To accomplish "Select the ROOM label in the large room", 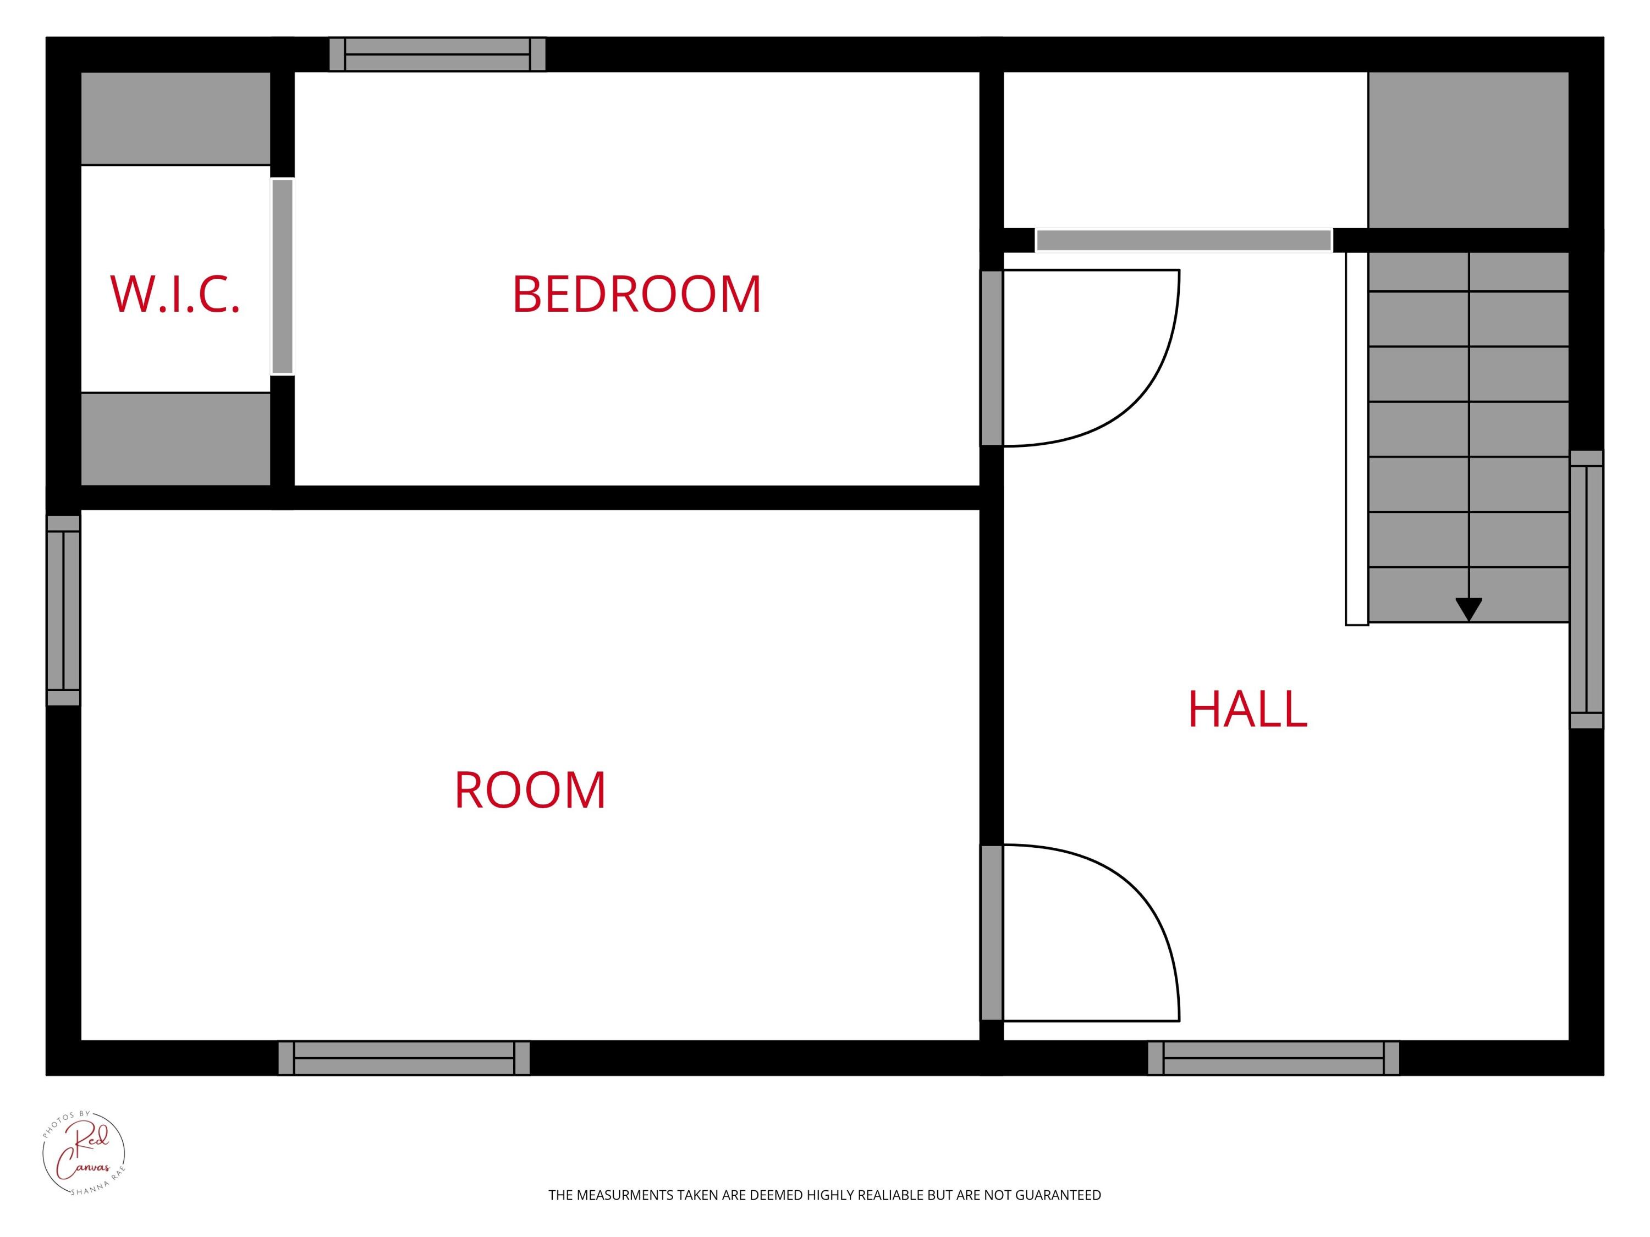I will pyautogui.click(x=530, y=791).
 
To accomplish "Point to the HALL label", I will pyautogui.click(x=1247, y=709).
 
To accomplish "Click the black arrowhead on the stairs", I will pyautogui.click(x=1469, y=609).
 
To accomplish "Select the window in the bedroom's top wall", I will pyautogui.click(x=437, y=54).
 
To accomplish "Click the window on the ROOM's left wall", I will pyautogui.click(x=63, y=610).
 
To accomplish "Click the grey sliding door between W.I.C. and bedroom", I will pyautogui.click(x=282, y=277).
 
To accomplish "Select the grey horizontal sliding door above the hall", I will pyautogui.click(x=1184, y=240).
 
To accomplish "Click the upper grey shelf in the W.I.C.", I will pyautogui.click(x=175, y=118).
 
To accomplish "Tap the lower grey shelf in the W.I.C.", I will pyautogui.click(x=175, y=438).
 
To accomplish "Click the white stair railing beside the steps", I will pyautogui.click(x=1356, y=438).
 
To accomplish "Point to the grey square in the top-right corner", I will pyautogui.click(x=1468, y=149).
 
